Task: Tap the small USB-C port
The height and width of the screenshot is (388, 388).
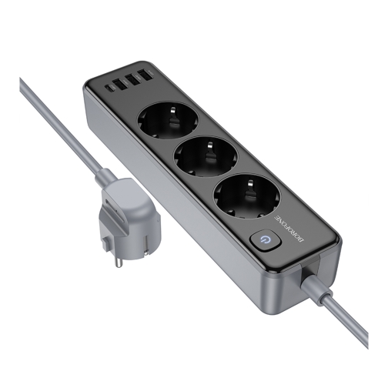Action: [107, 88]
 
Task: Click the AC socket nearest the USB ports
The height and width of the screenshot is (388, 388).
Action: [168, 118]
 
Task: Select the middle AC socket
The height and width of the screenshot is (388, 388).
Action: [206, 158]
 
